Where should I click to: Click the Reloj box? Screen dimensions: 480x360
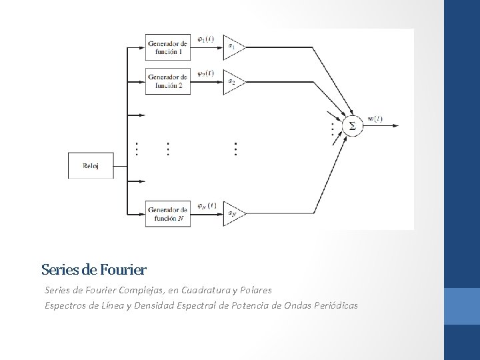click(x=91, y=166)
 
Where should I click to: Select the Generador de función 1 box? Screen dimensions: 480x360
click(x=168, y=47)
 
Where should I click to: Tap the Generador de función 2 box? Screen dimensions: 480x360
click(x=168, y=81)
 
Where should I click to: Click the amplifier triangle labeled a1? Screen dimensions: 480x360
click(x=233, y=47)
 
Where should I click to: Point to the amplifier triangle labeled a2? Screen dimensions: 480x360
click(x=233, y=81)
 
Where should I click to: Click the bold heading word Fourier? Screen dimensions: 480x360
click(x=123, y=270)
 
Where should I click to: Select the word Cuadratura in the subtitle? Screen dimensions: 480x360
click(x=206, y=291)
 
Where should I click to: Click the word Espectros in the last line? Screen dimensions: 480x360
click(x=65, y=305)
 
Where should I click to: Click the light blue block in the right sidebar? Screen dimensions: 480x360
click(x=461, y=306)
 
